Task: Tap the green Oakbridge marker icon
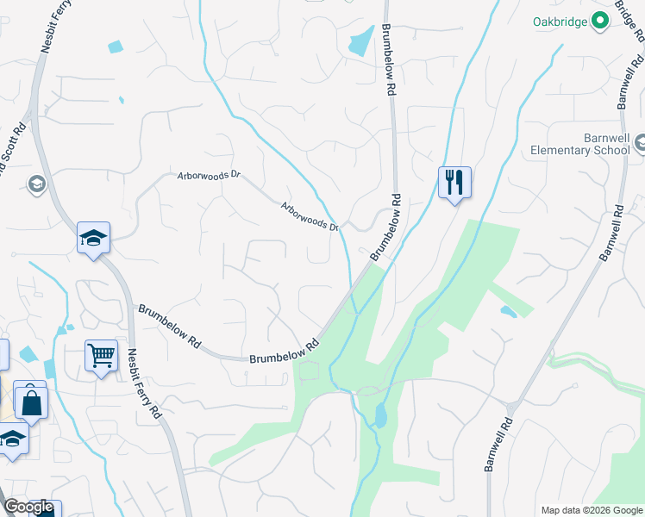(x=601, y=22)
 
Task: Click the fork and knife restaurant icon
(x=454, y=182)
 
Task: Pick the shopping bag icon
(x=31, y=401)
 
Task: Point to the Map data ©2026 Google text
(x=591, y=510)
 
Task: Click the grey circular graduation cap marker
(x=36, y=184)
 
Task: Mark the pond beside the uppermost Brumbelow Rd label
(x=360, y=40)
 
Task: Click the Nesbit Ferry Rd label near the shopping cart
(x=144, y=383)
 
